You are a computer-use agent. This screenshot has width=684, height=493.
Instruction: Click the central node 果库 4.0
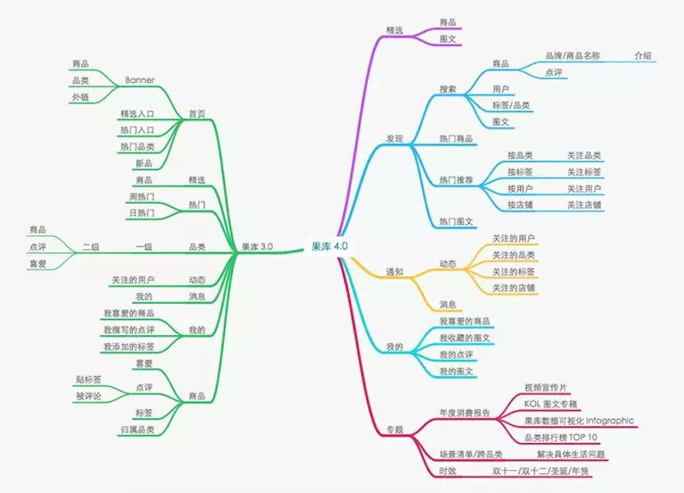click(x=329, y=246)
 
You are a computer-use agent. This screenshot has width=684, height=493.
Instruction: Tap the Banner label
click(x=140, y=80)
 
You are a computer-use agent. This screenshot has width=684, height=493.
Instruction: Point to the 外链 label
click(x=80, y=97)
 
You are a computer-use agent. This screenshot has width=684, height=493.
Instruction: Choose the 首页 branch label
click(x=196, y=113)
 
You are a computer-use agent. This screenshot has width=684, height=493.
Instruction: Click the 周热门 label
click(x=141, y=196)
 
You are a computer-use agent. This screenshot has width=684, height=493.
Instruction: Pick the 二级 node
click(x=90, y=246)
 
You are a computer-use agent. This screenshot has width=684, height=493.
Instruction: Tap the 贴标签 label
click(x=88, y=380)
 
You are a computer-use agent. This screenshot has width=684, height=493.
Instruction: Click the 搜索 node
click(x=448, y=89)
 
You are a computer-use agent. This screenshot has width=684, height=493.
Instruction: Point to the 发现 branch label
click(x=394, y=138)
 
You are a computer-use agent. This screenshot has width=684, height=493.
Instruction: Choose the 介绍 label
click(x=643, y=56)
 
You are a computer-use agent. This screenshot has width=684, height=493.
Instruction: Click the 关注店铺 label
click(x=584, y=205)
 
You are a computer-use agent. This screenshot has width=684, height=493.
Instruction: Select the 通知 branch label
click(x=394, y=271)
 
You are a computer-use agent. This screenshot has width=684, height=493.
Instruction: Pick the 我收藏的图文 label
click(x=465, y=337)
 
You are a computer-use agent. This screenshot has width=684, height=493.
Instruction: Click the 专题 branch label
click(x=394, y=429)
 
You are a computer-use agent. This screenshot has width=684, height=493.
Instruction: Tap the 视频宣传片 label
click(x=545, y=386)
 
